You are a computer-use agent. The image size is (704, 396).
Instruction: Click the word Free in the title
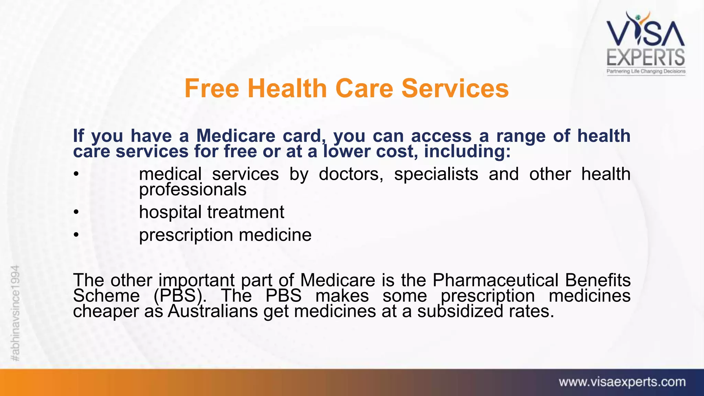(x=212, y=89)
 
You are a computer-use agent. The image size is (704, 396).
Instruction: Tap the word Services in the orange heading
(x=455, y=89)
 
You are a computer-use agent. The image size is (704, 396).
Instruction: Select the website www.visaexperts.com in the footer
(x=622, y=382)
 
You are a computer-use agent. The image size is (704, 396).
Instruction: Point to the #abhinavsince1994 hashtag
(x=15, y=313)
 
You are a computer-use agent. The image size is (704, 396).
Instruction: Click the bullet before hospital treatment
(x=76, y=212)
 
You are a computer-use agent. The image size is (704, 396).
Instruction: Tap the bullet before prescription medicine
(x=76, y=235)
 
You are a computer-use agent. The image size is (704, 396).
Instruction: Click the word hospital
(x=170, y=212)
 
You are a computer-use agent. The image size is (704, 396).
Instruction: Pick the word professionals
(x=192, y=189)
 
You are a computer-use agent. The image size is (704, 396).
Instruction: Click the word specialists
(x=436, y=174)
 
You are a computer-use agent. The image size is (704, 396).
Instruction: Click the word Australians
(x=213, y=311)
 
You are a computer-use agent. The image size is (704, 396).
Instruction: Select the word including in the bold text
(x=467, y=152)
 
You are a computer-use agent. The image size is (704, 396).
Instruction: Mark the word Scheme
(x=106, y=296)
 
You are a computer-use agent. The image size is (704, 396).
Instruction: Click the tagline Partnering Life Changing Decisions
(x=646, y=71)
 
